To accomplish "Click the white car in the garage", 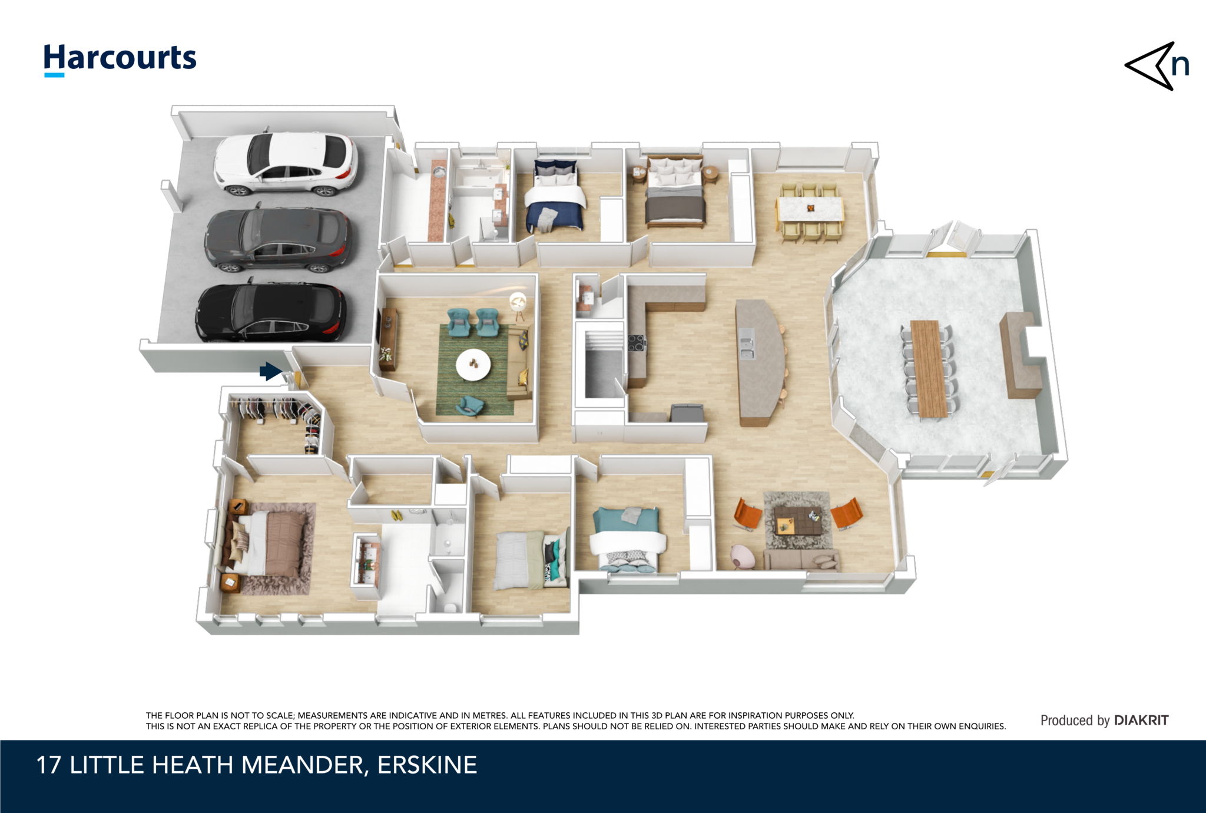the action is [x=286, y=162].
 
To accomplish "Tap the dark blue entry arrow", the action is [x=270, y=371].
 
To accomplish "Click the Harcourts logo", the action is [x=120, y=60].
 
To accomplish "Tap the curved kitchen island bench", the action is [x=760, y=362].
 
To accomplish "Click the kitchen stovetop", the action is [x=637, y=343].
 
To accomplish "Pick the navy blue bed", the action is [x=555, y=196].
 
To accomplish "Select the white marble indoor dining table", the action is [x=811, y=209].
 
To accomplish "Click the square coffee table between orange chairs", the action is [x=797, y=520].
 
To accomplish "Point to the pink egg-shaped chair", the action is [x=743, y=556].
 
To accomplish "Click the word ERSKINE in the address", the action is [x=427, y=765].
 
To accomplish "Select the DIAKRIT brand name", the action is [x=1141, y=720].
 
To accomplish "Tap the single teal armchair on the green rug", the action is [x=469, y=405].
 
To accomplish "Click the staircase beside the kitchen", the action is [x=604, y=365].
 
